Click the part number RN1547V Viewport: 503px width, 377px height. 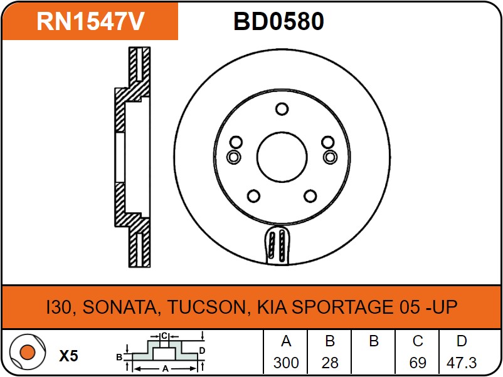(x=90, y=21)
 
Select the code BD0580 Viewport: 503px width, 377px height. (x=278, y=21)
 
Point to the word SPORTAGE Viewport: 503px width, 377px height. (x=342, y=306)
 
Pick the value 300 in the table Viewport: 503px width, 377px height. (x=286, y=363)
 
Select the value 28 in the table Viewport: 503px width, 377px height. (x=330, y=363)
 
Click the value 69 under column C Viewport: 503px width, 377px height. (x=417, y=363)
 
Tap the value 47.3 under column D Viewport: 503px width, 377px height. (x=462, y=363)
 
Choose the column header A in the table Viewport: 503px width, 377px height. (x=286, y=341)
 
